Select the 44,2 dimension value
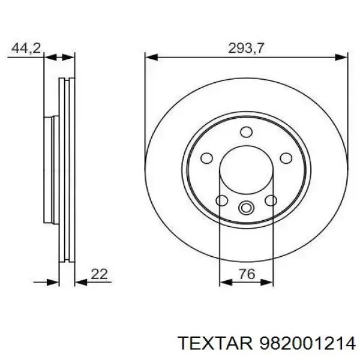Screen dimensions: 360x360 [x=25, y=48]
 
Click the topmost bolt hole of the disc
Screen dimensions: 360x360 [x=245, y=132]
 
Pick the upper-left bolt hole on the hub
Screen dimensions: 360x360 [x=207, y=158]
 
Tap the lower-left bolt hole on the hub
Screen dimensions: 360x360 [x=221, y=200]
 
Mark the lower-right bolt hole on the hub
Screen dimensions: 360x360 [x=270, y=200]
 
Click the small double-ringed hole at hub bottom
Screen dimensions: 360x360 [x=245, y=208]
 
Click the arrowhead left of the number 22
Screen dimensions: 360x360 [x=79, y=281]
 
